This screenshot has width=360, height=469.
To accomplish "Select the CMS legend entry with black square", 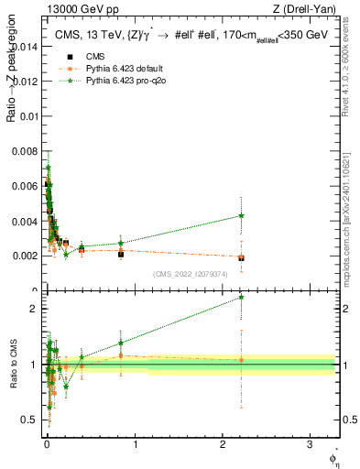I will (82, 57).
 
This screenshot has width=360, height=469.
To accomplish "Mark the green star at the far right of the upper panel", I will (241, 216).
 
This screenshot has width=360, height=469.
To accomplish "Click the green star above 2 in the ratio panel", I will (241, 297).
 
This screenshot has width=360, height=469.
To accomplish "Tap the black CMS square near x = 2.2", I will (241, 258).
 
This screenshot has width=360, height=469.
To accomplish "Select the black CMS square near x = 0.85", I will (121, 254).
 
